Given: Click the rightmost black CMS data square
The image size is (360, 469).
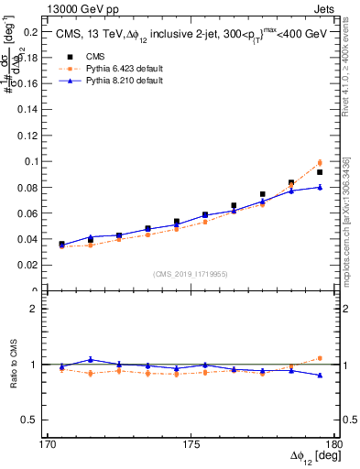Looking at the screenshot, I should [320, 172].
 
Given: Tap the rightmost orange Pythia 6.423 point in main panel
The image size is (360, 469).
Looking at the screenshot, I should [320, 162].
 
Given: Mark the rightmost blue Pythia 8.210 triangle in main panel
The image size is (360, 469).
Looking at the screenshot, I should [320, 187].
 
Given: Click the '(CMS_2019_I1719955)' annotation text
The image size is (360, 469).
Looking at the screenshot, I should [191, 273].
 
